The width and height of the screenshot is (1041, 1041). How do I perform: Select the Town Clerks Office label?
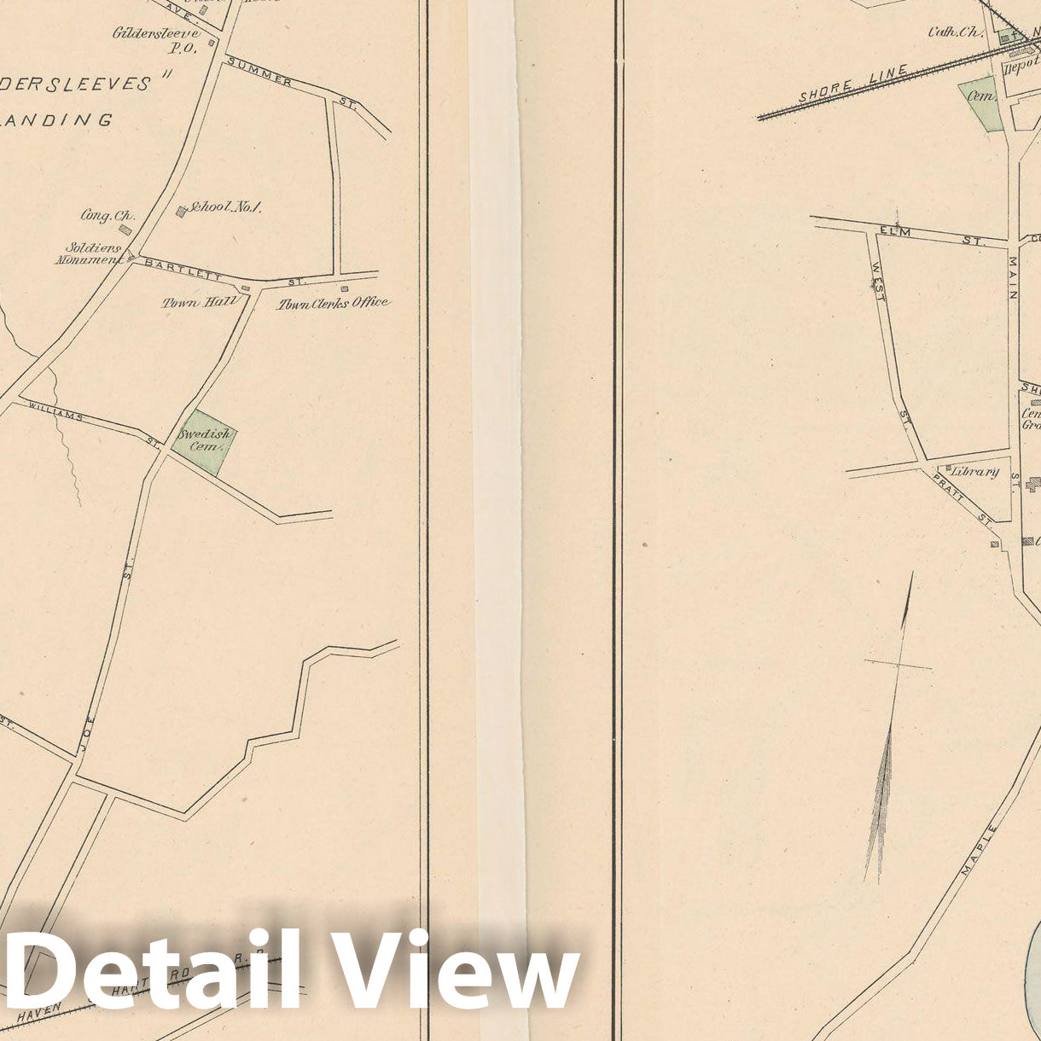333,302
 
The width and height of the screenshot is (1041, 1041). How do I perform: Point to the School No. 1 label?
225,207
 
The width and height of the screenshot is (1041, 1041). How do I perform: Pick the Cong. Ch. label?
108,216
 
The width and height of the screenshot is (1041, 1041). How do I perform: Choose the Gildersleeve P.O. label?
156,40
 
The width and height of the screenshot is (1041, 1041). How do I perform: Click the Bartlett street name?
183,269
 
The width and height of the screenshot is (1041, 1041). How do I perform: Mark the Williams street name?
55,410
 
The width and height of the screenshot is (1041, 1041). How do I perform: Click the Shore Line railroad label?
840,84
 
